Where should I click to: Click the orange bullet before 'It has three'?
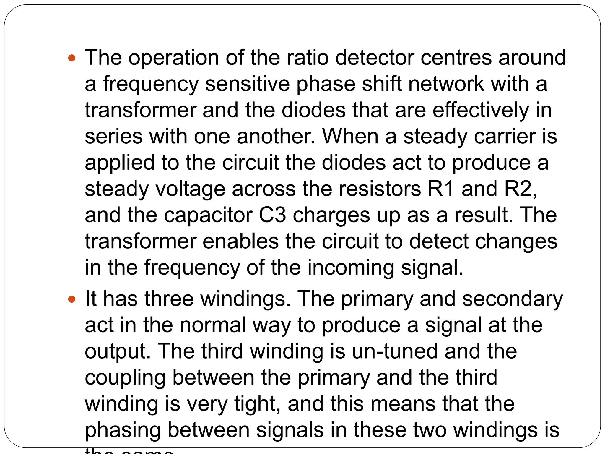(x=72, y=299)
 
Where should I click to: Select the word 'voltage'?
(x=190, y=189)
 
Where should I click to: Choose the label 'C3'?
(x=272, y=215)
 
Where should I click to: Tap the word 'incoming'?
(x=351, y=268)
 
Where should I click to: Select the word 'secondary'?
(x=513, y=299)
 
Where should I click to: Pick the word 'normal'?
(x=213, y=325)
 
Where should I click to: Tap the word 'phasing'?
(x=123, y=431)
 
